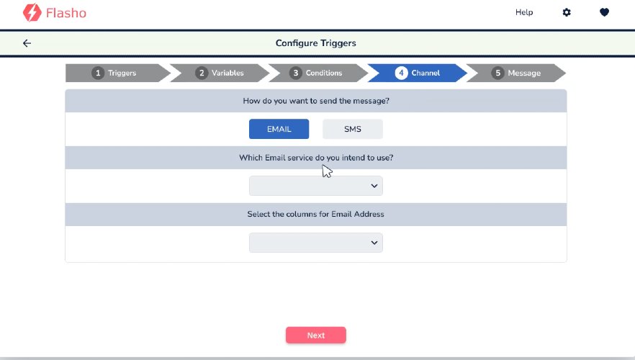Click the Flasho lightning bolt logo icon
32,12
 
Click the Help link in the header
524,12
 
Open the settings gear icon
567,12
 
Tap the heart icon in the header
604,12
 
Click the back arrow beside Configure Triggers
27,43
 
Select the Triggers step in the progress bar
117,73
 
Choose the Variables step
220,73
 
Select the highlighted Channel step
418,73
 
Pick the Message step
516,73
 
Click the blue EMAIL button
279,129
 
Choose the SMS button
353,129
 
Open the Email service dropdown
316,186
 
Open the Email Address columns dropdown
316,243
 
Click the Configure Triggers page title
316,43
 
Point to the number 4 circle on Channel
401,73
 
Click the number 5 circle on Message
497,73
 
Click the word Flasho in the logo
66,13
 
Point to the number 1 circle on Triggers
98,73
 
